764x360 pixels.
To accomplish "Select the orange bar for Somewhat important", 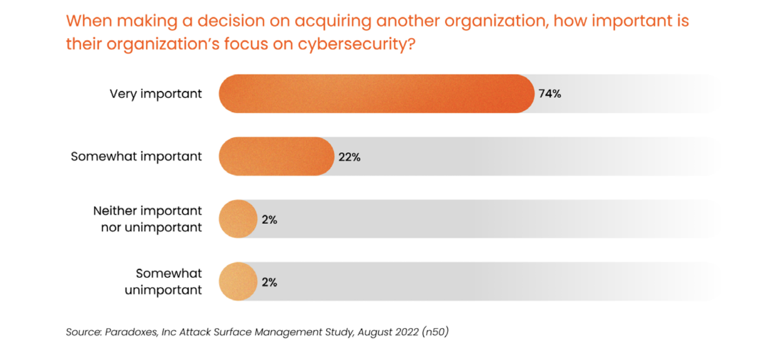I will point(276,156).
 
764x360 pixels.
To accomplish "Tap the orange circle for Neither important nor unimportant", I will point(238,219).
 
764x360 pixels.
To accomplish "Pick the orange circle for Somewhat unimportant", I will point(238,282).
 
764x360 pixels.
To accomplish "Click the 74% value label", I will point(549,94).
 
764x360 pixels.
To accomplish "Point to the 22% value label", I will point(349,157).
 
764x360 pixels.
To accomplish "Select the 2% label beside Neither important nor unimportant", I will point(269,220).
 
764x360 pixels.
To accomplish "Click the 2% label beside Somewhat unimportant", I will point(269,282).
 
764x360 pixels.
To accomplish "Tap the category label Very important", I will point(156,94).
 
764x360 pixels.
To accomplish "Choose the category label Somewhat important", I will point(136,156).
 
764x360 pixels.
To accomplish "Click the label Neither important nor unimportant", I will point(148,219).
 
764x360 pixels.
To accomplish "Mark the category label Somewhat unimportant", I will point(164,282).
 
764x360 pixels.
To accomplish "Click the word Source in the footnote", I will point(82,331).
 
